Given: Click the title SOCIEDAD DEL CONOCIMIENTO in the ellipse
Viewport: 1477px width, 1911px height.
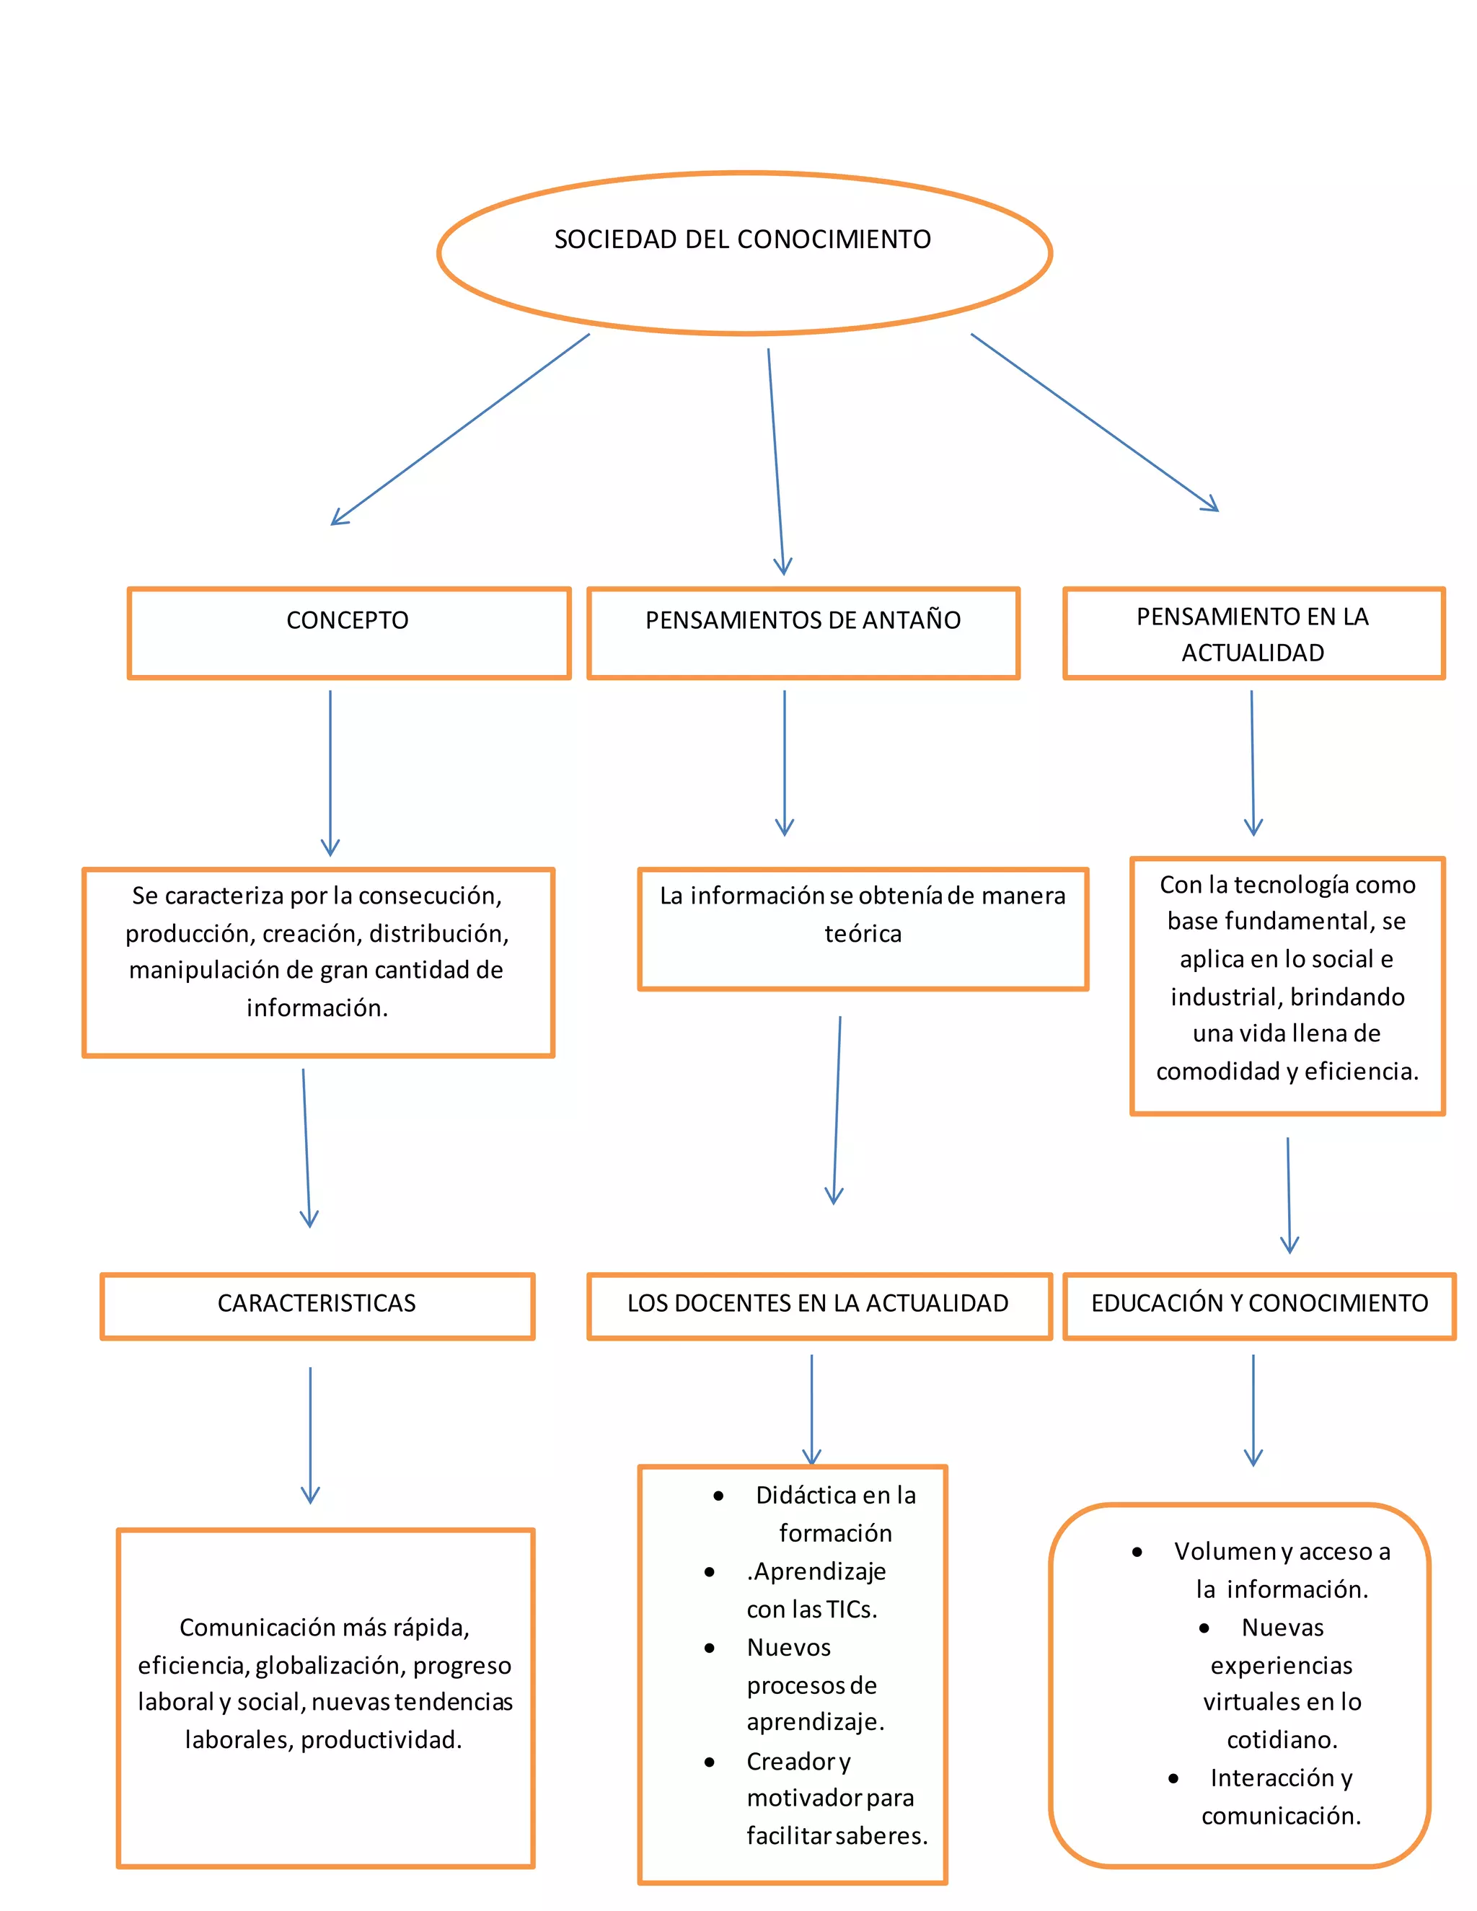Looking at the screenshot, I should click(x=742, y=239).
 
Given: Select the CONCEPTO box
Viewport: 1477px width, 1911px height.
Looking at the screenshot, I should click(x=348, y=632).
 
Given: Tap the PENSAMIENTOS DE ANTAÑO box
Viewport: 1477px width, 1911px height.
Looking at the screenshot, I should click(x=803, y=632).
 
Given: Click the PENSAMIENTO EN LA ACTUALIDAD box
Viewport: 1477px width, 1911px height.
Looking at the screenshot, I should click(x=1253, y=633).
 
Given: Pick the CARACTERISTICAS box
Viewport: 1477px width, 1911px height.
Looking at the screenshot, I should click(x=317, y=1305).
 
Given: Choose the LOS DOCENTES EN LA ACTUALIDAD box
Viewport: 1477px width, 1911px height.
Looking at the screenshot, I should click(x=818, y=1305).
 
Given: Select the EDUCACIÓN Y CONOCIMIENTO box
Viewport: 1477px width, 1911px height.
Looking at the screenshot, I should click(x=1259, y=1305).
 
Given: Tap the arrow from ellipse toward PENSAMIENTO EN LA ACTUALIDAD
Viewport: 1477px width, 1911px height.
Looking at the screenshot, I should click(x=1094, y=422).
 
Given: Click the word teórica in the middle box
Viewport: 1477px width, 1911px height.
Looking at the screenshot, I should click(x=863, y=935).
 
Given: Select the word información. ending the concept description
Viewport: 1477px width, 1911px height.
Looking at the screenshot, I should click(x=317, y=1009).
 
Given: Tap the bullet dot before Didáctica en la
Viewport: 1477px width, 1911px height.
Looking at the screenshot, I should click(x=718, y=1496).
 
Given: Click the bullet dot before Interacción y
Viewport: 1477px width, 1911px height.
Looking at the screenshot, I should click(x=1173, y=1779).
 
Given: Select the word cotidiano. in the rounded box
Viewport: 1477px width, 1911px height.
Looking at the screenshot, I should click(x=1282, y=1740).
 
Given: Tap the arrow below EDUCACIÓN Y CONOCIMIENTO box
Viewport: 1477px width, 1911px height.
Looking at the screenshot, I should click(x=1253, y=1409).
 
